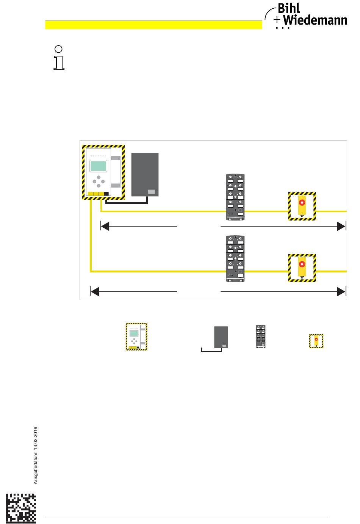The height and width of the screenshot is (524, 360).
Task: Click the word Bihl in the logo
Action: click(x=288, y=9)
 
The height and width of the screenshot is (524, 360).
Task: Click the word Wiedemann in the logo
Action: click(x=315, y=20)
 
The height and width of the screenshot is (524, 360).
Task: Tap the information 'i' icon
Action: click(x=59, y=58)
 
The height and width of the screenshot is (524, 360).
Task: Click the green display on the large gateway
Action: click(x=98, y=166)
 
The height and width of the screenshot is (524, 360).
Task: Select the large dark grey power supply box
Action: click(x=145, y=175)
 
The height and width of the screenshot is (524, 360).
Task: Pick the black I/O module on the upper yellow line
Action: click(x=235, y=197)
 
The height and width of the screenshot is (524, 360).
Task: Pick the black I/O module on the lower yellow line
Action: click(x=235, y=259)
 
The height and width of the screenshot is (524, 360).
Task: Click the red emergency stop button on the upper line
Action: click(x=302, y=202)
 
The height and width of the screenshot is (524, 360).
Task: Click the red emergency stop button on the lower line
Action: click(x=302, y=263)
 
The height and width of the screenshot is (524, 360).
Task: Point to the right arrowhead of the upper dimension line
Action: click(x=341, y=226)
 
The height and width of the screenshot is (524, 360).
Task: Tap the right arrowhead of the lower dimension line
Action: click(x=341, y=291)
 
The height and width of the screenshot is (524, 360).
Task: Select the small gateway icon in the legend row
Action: click(x=136, y=336)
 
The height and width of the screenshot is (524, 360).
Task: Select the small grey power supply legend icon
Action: click(x=221, y=337)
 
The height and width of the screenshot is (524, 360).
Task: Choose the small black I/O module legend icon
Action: click(x=261, y=336)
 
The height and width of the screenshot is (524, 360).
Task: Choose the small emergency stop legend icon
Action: click(x=316, y=341)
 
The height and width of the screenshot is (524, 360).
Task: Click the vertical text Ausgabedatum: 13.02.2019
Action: click(x=36, y=455)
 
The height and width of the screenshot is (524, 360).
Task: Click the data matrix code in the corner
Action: click(x=21, y=508)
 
